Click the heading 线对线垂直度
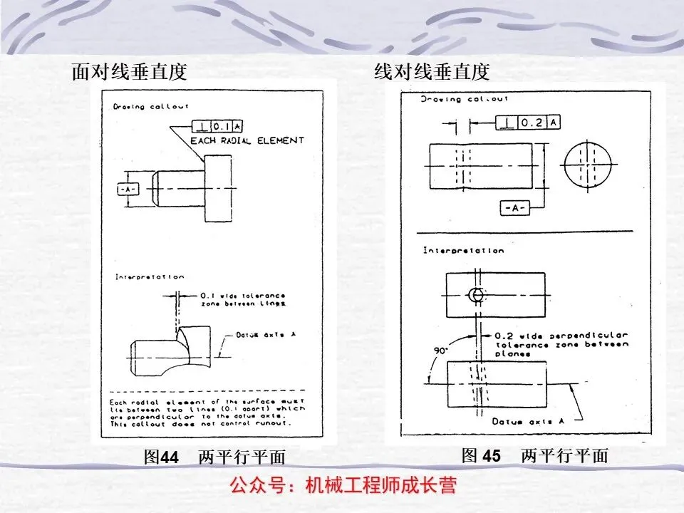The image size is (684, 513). click(432, 71)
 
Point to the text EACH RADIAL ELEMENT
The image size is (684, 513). click(247, 140)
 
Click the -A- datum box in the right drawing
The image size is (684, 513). click(513, 208)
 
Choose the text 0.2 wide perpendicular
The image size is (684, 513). click(561, 335)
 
